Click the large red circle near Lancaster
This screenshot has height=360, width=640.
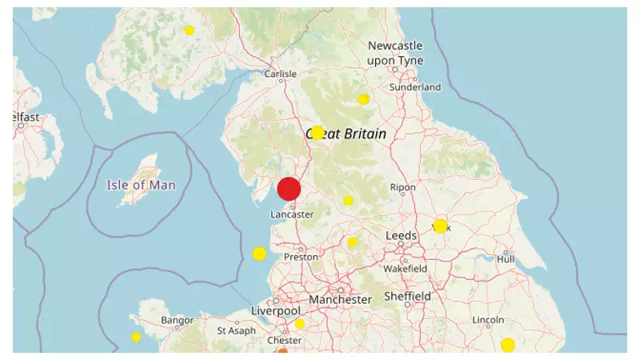pos(289,190)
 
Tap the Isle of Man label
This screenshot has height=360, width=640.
pos(142,185)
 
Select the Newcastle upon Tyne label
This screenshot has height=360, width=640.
pos(394,54)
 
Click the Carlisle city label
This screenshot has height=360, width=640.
pos(280,74)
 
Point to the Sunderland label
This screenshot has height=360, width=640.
pos(415,86)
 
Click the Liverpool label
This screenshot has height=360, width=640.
pos(275,310)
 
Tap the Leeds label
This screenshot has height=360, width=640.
pos(402,236)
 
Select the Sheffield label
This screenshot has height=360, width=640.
pos(408,296)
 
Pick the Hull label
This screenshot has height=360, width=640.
pos(506,259)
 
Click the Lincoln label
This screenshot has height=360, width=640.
pos(489,320)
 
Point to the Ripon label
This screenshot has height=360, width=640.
pos(402,187)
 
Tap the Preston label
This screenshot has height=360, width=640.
pos(302,257)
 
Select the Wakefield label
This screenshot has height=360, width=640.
pos(405,269)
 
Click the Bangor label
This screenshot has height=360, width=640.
pos(177,320)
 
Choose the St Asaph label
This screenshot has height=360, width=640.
pos(237,330)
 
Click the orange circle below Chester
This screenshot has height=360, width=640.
pos(282,353)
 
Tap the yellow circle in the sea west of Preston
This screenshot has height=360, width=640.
pos(259,254)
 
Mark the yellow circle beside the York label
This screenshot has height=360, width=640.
pos(440,226)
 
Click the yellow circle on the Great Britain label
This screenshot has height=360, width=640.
pos(318,133)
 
